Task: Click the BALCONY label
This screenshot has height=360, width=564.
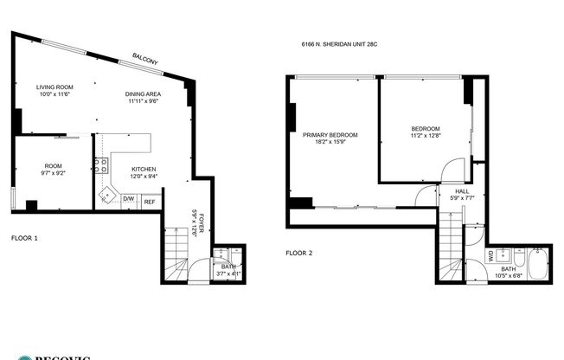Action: click(144, 59)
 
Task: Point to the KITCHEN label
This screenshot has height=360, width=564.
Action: click(144, 169)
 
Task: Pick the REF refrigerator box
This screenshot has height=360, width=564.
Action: click(150, 202)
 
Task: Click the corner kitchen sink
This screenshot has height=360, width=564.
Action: click(106, 195)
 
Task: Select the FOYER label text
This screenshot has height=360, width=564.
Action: click(202, 220)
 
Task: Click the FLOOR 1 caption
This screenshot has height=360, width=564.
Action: click(24, 236)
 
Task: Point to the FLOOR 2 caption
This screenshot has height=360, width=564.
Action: click(299, 254)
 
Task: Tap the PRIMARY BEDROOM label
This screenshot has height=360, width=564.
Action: click(330, 135)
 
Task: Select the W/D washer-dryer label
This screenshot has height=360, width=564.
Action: click(491, 255)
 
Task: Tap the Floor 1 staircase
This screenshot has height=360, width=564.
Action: click(176, 254)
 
